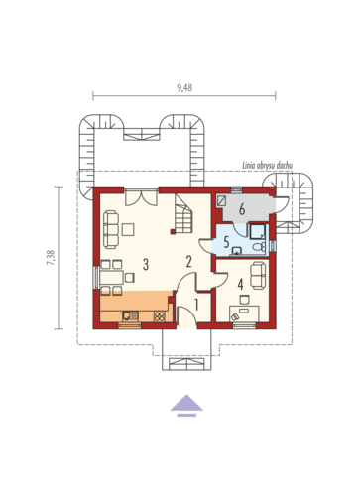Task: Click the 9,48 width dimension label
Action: point(184,88)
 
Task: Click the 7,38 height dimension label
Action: point(52,258)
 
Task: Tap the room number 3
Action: point(146,265)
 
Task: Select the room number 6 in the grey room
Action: point(242,209)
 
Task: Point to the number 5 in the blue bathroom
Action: point(226,242)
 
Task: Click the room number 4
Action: point(240,284)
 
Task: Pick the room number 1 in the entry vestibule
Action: point(196,305)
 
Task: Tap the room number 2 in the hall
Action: point(188,261)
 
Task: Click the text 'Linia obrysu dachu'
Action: point(268,166)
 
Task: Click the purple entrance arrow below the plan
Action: point(186,405)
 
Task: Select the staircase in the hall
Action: point(183,213)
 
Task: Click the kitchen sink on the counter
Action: point(130,316)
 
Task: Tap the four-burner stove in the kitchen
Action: point(159,316)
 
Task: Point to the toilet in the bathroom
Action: point(259,246)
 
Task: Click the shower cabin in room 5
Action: point(258,231)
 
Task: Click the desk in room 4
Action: point(244,313)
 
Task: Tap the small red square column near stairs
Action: point(173,232)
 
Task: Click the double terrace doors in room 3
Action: point(142,197)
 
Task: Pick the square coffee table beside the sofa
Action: point(128,229)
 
